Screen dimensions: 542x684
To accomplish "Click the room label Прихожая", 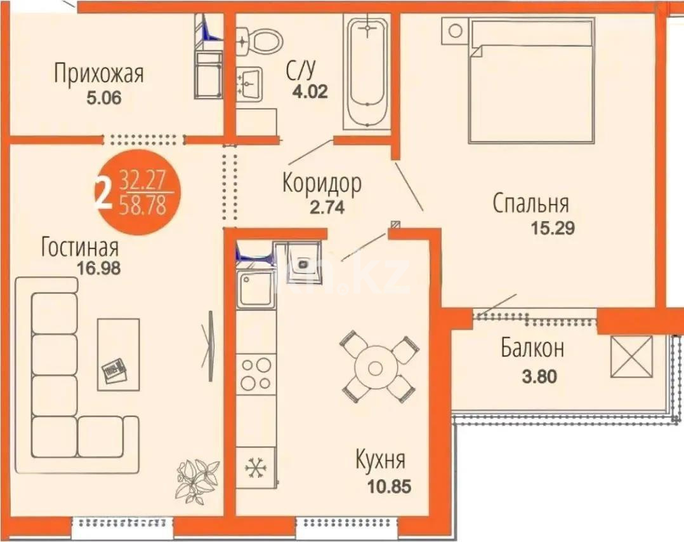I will (x=98, y=74).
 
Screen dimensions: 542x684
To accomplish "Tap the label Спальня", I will (x=530, y=205).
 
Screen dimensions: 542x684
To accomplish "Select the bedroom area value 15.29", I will (x=551, y=228).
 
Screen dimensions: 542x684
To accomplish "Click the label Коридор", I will (x=322, y=184).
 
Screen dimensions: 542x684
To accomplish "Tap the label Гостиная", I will (x=80, y=247).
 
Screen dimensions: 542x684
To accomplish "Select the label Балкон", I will (x=532, y=349).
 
